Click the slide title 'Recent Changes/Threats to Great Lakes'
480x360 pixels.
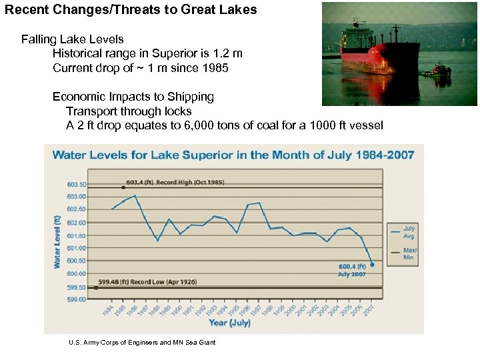[131, 11]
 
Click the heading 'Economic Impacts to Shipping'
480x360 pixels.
[133, 97]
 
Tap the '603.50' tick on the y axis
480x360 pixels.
[77, 183]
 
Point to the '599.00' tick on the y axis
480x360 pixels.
[77, 299]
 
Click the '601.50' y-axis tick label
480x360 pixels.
[77, 235]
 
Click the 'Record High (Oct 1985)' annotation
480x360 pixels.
[176, 182]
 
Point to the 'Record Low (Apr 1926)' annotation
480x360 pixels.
[148, 282]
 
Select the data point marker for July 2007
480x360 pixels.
[372, 265]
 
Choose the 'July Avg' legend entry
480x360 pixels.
[409, 232]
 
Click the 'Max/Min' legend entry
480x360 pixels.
[409, 254]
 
